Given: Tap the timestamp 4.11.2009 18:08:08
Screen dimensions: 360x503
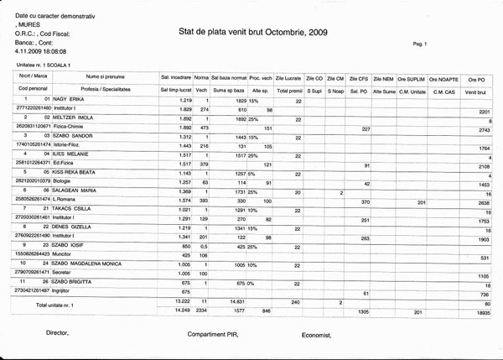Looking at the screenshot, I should click(x=32, y=50).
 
